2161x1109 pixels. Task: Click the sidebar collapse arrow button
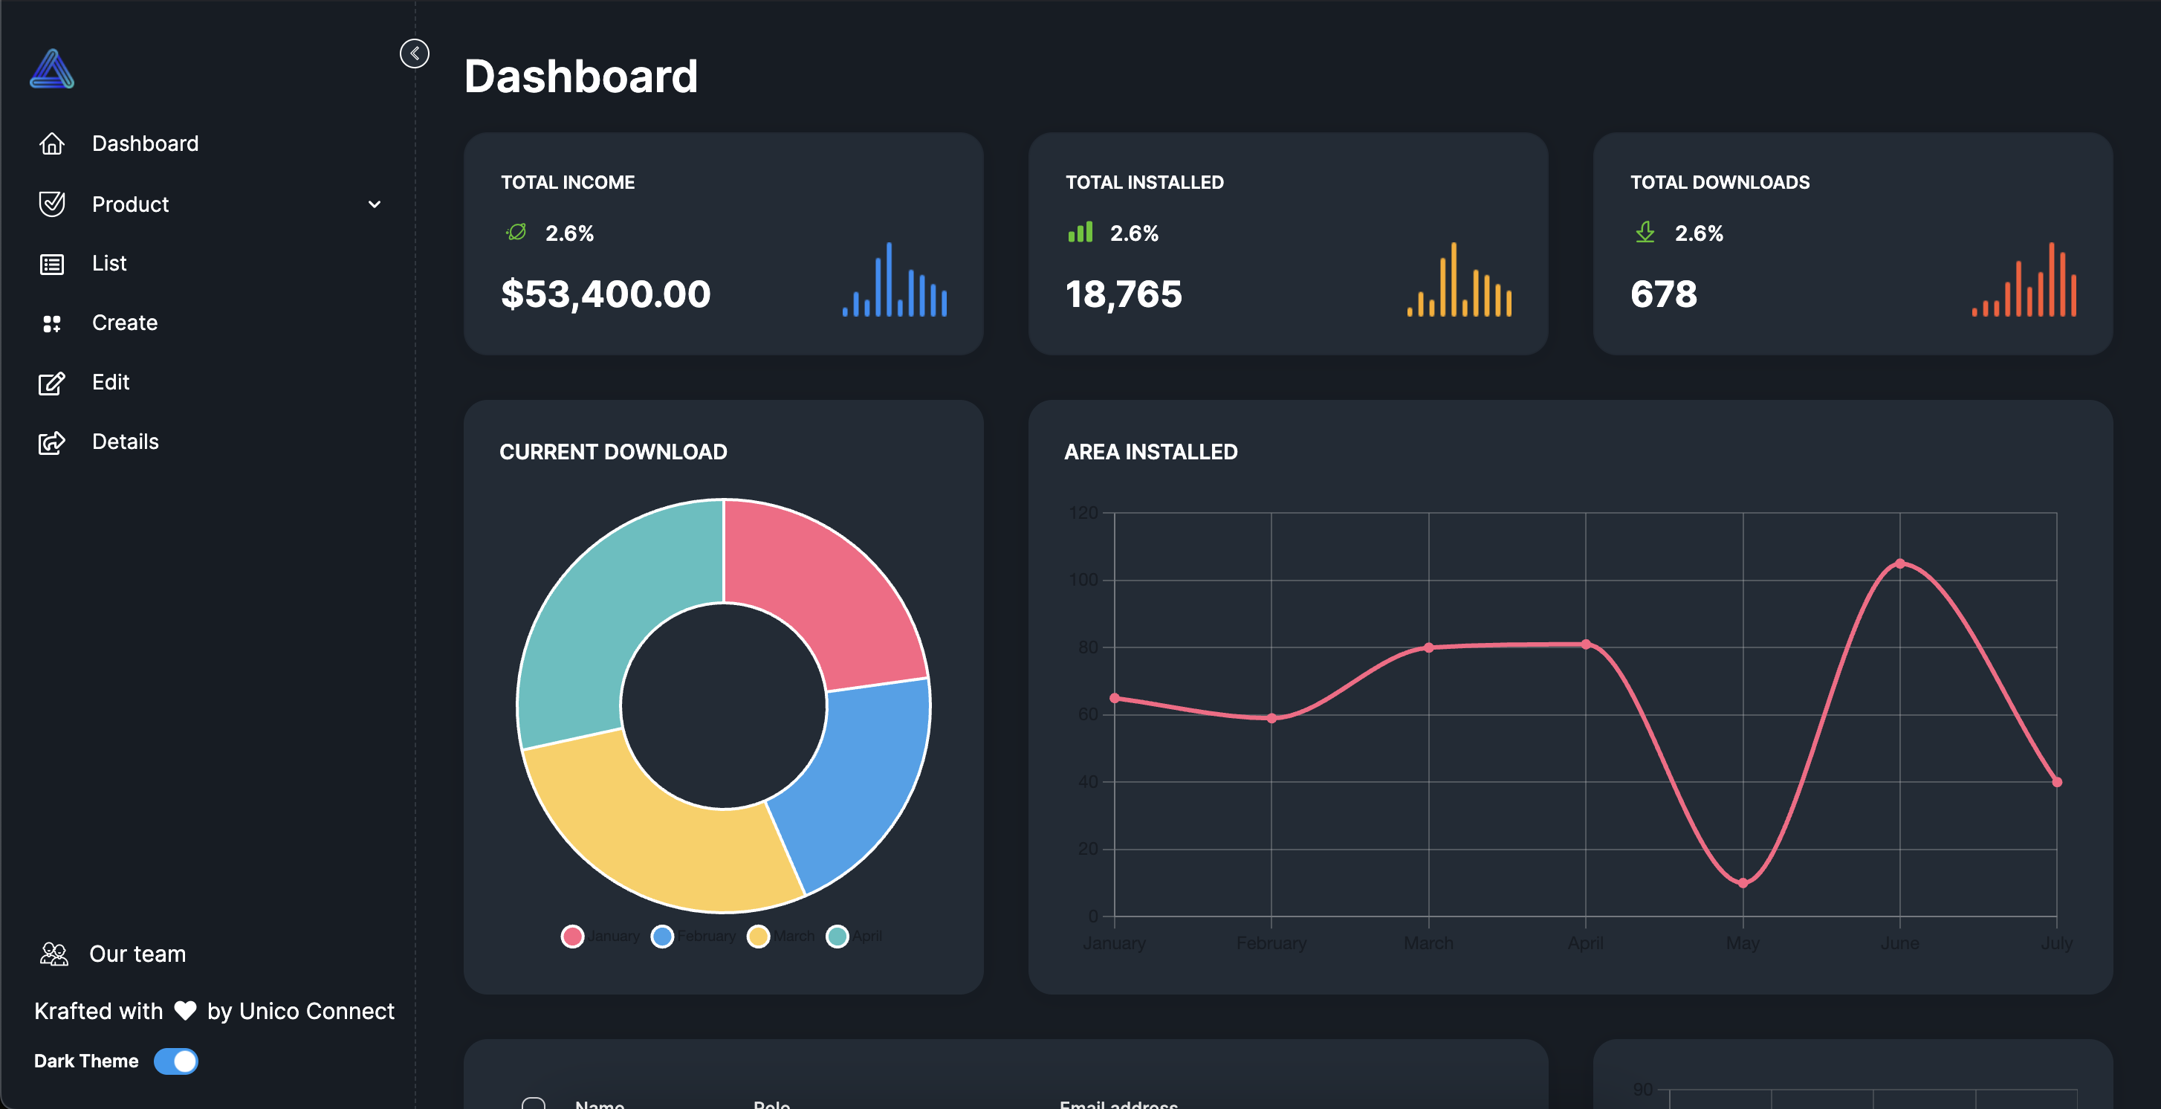coord(415,54)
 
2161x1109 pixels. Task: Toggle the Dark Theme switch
coord(176,1061)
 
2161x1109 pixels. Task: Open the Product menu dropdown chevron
coord(374,204)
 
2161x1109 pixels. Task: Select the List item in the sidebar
coord(109,263)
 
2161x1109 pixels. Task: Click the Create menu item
coord(124,323)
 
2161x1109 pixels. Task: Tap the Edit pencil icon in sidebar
coord(51,384)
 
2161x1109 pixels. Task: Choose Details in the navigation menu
coord(125,442)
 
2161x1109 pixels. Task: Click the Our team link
coord(137,954)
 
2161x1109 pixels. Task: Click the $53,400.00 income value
coord(605,294)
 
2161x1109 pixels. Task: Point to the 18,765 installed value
coord(1124,294)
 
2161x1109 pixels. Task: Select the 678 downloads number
coord(1664,294)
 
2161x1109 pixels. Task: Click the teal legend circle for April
coord(836,937)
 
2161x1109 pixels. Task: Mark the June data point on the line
coord(1900,563)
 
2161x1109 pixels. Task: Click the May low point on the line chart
coord(1743,882)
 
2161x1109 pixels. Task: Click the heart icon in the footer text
coord(184,1011)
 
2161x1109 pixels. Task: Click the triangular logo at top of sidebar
coord(52,70)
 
